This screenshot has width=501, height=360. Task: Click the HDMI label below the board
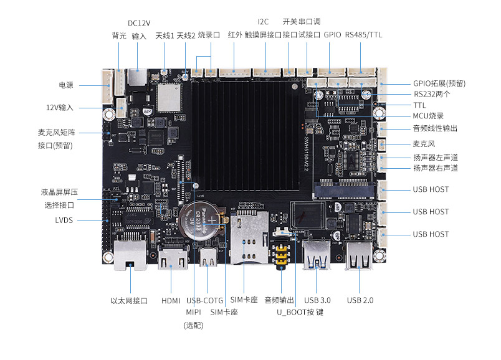tap(171, 300)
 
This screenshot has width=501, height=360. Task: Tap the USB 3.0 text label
tap(318, 300)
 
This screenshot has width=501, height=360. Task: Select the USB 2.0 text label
tap(360, 300)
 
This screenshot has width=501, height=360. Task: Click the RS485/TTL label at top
tap(363, 34)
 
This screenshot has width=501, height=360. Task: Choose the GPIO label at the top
tap(332, 34)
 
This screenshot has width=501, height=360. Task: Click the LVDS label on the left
tap(64, 220)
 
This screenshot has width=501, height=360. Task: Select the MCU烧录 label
tap(428, 116)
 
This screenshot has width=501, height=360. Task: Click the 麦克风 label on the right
tap(424, 143)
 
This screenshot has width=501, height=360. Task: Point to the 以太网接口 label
tap(129, 300)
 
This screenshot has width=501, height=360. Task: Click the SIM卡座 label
tap(244, 300)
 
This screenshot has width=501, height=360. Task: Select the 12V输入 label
tap(60, 107)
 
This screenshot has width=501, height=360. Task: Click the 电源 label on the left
tap(66, 85)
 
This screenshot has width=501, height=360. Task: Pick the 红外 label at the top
tap(235, 34)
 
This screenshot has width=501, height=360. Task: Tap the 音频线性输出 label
tap(435, 128)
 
